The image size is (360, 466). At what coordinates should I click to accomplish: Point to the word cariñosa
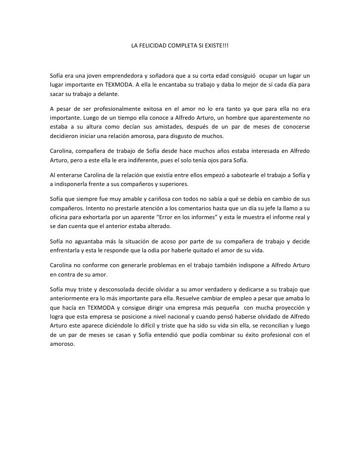144,198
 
